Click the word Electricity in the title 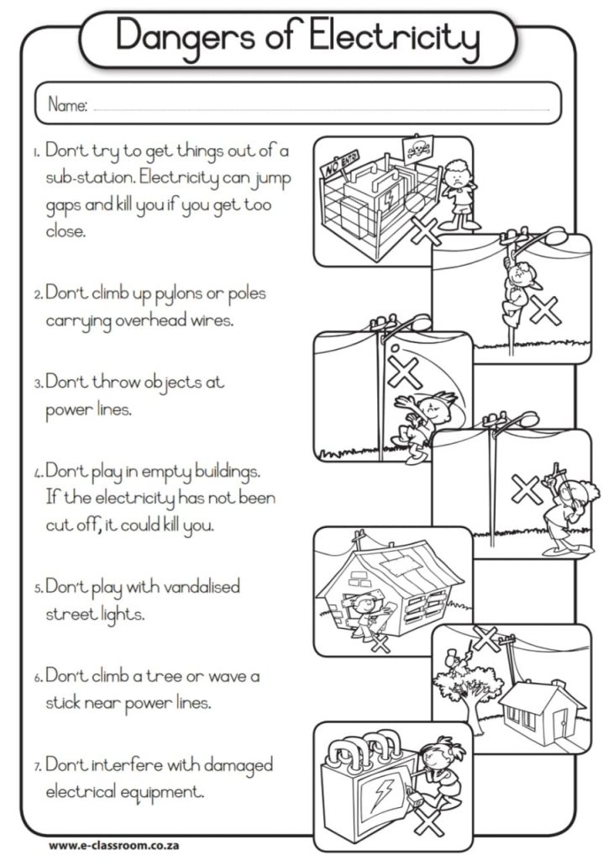point(394,37)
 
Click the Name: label point(67,104)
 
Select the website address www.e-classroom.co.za point(113,845)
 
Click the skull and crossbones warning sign point(418,148)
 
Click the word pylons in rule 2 point(178,295)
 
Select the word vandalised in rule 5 point(202,586)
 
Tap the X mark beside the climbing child point(544,311)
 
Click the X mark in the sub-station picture point(426,231)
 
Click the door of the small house point(559,726)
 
